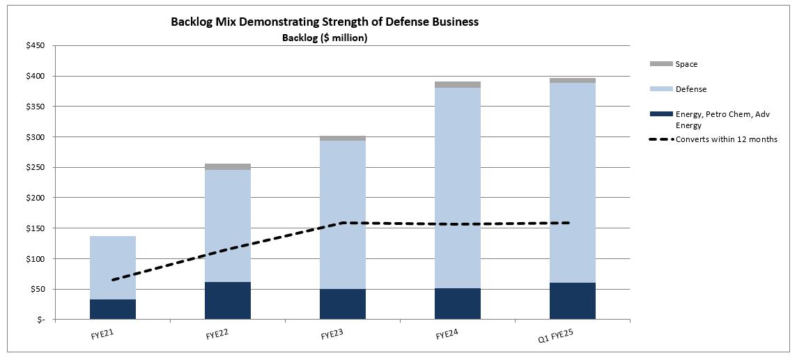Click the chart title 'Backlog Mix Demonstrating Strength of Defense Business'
click(x=325, y=22)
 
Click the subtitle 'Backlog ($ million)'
click(x=325, y=38)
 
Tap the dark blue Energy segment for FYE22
click(x=228, y=300)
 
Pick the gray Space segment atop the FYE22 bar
click(x=228, y=167)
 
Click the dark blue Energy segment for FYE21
click(x=113, y=309)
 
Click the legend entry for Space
click(x=686, y=64)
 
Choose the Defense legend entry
click(x=690, y=89)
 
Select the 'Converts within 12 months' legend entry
click(x=726, y=139)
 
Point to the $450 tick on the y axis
click(x=36, y=46)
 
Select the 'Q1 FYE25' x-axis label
click(x=557, y=336)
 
